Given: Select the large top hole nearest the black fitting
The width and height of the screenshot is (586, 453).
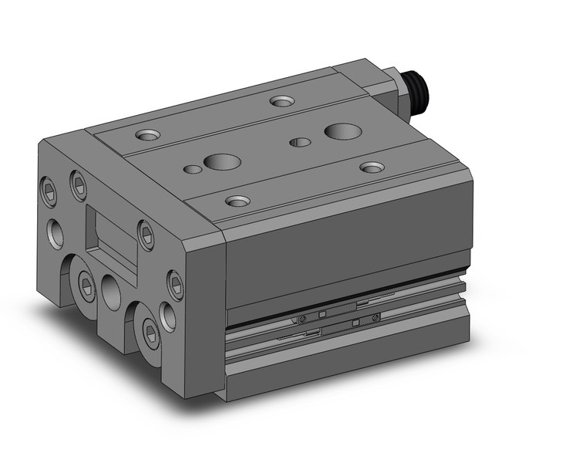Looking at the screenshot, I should click(x=340, y=130).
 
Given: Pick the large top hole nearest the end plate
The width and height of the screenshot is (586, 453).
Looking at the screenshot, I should click(x=222, y=162).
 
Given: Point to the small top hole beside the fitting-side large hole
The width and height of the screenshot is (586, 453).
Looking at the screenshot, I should click(x=299, y=142).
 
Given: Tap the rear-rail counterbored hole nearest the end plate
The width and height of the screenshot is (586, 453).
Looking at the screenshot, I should click(x=146, y=135).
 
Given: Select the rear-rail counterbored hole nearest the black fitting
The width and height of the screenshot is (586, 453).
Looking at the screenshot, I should click(x=281, y=100).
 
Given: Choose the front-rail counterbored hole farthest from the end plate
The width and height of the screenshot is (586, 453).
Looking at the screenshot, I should click(x=372, y=167).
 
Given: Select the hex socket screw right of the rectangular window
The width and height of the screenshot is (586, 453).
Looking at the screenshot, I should click(x=145, y=231).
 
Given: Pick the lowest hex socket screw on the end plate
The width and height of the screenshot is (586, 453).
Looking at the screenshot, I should click(x=152, y=333).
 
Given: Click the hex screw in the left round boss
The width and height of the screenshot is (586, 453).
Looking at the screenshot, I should click(x=86, y=287).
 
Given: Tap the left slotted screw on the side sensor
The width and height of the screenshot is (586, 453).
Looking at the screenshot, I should click(x=303, y=319).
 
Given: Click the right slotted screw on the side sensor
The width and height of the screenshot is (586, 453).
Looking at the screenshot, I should click(x=376, y=316).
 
